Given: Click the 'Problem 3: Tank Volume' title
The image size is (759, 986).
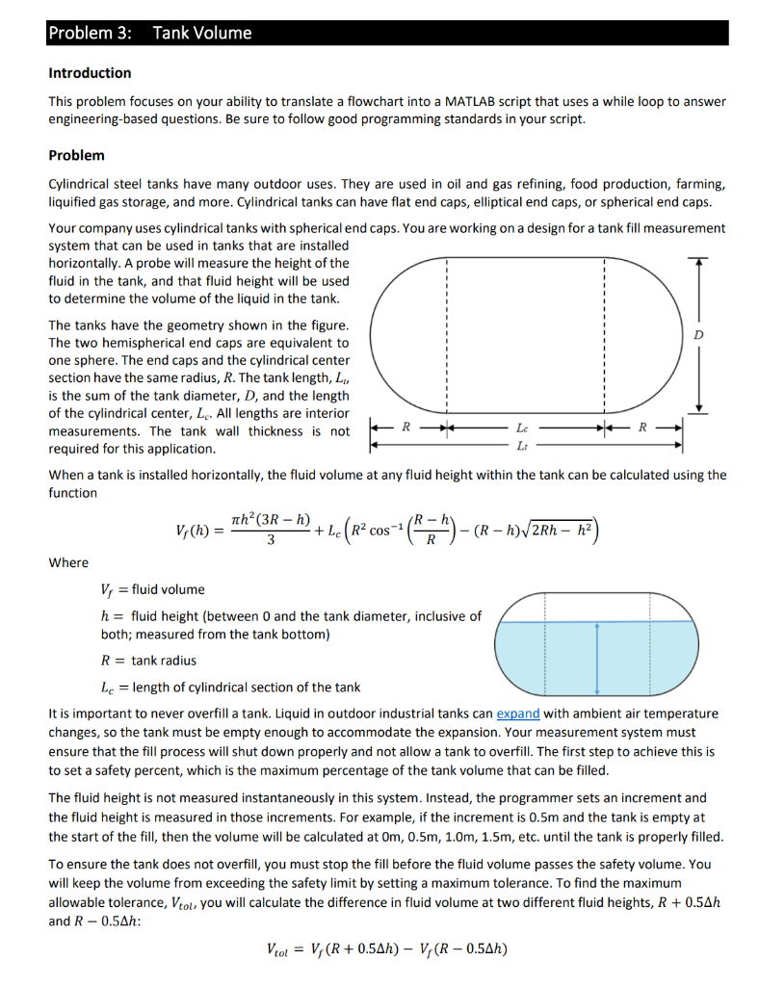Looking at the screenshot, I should point(149,33).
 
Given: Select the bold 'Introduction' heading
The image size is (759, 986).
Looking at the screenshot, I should point(90,73).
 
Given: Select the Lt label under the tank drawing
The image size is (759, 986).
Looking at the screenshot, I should point(522,444).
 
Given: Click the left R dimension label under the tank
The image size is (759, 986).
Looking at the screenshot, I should point(406,425).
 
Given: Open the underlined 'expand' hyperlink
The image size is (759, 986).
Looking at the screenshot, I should point(519,714).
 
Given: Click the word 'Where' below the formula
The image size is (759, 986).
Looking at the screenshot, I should point(67,562).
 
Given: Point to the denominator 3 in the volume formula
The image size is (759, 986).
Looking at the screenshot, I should point(271,541).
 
